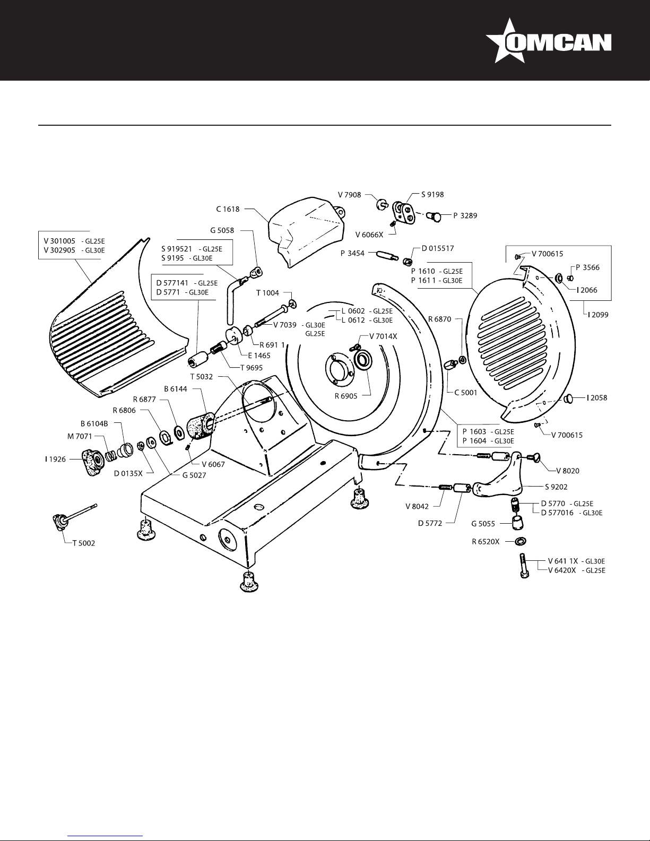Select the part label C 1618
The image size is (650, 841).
(228, 209)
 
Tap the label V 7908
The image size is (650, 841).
(350, 195)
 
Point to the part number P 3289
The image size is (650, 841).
(465, 216)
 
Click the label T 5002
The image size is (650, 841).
(84, 543)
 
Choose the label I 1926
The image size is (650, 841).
(55, 459)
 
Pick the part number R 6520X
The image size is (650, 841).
(486, 542)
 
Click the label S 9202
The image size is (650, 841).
(557, 486)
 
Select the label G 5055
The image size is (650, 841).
(483, 524)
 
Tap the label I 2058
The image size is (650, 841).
(597, 397)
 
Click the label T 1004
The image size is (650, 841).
(267, 293)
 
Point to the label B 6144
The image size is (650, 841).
(176, 389)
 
